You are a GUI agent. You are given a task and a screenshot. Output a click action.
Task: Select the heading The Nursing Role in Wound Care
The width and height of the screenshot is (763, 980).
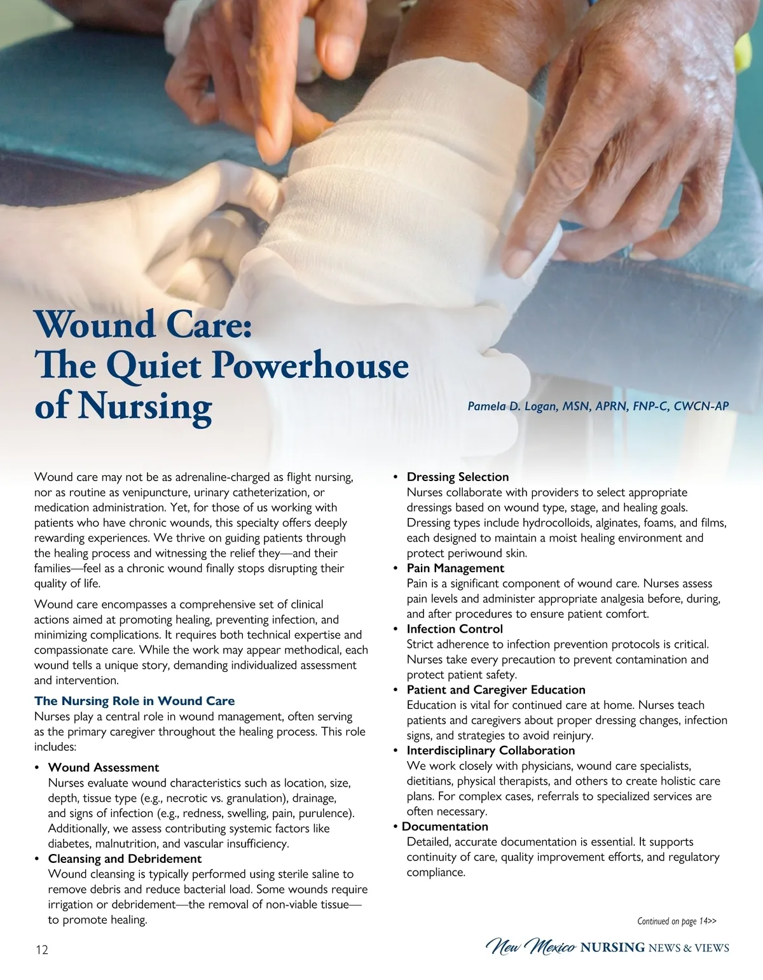[134, 701]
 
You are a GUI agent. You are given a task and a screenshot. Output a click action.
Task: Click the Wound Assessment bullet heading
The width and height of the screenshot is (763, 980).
[104, 767]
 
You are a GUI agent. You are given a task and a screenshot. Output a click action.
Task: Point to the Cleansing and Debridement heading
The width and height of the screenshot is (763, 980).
[125, 859]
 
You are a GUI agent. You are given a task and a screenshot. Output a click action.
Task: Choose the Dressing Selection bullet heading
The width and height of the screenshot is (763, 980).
[458, 477]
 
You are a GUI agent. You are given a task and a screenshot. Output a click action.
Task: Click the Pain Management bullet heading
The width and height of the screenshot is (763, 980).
[455, 568]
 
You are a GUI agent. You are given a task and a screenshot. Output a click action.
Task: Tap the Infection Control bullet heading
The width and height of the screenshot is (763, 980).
[455, 629]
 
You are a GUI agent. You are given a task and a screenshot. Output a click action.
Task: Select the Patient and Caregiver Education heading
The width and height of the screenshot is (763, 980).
[496, 690]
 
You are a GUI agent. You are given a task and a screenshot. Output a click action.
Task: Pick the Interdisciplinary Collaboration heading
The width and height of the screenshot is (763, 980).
[491, 750]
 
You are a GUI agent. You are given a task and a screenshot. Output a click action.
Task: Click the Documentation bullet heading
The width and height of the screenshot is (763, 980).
[445, 827]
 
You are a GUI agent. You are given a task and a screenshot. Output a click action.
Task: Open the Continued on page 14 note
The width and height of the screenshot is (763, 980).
[677, 921]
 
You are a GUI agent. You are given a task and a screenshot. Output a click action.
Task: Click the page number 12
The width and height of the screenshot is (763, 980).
[41, 950]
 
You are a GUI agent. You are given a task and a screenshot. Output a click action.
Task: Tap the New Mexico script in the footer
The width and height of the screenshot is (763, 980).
[531, 947]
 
